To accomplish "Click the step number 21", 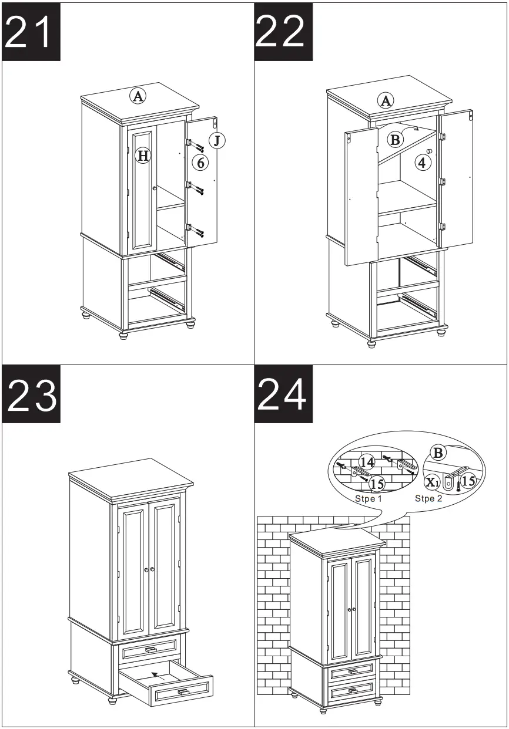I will pos(32,32).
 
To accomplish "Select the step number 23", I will pos(32,394).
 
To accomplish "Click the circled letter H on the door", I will pos(142,156).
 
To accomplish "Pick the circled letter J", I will pos(217,140).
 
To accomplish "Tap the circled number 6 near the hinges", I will pos(201,163).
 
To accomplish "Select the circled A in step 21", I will pos(138,96).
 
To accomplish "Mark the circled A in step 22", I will pos(386,100).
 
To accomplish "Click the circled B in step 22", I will pos(396,139).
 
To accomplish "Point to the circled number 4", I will pos(422,162).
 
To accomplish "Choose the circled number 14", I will pos(367,461).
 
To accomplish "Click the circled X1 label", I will pos(433,482).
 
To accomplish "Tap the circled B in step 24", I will pos(438,453).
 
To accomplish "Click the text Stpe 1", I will pos(368,499).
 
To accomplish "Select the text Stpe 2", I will pos(428,499).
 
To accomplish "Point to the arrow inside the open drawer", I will pos(155,674).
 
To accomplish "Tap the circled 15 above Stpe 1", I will pos(377,484).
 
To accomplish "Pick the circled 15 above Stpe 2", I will pos(467,481).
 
